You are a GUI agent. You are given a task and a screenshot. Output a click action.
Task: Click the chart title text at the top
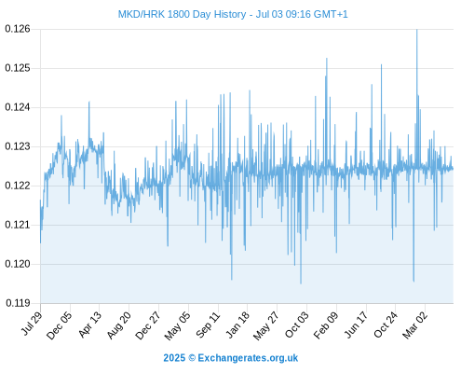[x=233, y=14]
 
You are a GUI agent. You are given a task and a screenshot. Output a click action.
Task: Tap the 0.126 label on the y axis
[x=18, y=29]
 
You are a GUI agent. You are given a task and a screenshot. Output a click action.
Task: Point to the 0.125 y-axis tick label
[x=18, y=68]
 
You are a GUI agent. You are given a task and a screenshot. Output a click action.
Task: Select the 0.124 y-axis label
[x=18, y=107]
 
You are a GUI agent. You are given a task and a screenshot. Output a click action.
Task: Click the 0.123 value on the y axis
[x=18, y=146]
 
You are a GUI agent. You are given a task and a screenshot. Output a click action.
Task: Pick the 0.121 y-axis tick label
[x=18, y=225]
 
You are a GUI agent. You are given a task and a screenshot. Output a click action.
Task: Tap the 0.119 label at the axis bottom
[x=18, y=303]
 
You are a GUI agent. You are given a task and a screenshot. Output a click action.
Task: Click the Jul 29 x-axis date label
[x=33, y=324]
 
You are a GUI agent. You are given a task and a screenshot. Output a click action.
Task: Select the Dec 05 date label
[x=60, y=325]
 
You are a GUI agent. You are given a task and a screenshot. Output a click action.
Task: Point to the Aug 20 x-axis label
[x=119, y=325]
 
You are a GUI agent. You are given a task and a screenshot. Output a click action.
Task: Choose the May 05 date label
[x=177, y=325]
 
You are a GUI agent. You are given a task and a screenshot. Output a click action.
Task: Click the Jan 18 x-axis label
[x=237, y=325]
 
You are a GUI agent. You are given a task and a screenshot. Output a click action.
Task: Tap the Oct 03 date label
[x=297, y=325]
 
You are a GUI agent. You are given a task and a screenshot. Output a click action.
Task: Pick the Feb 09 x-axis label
[x=326, y=325]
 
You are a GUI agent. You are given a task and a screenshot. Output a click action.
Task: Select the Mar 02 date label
[x=415, y=325]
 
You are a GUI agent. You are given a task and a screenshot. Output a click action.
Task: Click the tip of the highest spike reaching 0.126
[x=417, y=30]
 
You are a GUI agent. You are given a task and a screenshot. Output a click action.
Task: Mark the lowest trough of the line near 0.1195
[x=301, y=283]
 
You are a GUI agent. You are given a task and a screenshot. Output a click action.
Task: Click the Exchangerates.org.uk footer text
[x=248, y=358]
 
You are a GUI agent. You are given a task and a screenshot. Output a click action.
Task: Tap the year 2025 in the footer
[x=174, y=358]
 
